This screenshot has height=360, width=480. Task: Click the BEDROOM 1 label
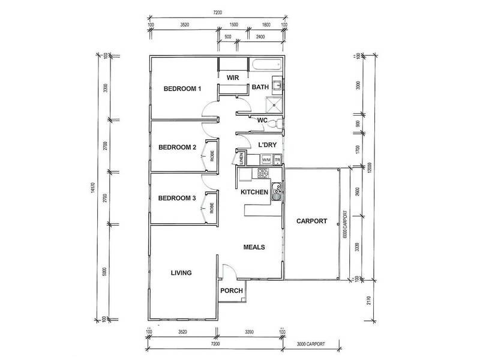coord(182,89)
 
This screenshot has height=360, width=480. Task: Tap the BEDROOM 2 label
coord(178,148)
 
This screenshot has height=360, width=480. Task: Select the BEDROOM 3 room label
coord(178,199)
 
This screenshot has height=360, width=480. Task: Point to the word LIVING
coord(181,273)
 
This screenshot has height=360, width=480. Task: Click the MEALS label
coord(254,247)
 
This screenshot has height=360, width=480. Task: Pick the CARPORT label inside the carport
coord(311,221)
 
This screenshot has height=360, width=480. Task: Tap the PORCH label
coord(231,292)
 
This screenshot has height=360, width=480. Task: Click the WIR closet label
coord(232,77)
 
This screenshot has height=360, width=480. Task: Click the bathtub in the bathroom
coord(266,65)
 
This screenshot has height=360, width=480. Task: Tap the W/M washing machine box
coord(266,160)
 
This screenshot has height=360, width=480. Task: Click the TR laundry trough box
coord(278,160)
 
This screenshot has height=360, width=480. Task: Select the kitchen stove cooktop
coord(262,174)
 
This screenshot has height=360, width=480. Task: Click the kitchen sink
coord(276,193)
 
